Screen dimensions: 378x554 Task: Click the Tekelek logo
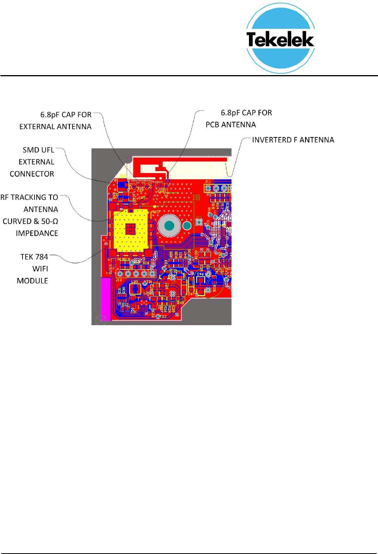[x=280, y=38]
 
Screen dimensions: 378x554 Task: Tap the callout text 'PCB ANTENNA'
[x=231, y=125]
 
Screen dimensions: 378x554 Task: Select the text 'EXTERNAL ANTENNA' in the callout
[x=55, y=127]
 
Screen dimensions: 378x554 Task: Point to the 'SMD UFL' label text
[x=38, y=150]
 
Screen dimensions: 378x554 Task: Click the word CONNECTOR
[x=32, y=174]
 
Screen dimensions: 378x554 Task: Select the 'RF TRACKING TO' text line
[x=29, y=197]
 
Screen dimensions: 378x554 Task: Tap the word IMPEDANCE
[x=37, y=233]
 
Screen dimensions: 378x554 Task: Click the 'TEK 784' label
[x=34, y=257]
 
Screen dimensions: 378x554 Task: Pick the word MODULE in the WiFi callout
[x=33, y=281]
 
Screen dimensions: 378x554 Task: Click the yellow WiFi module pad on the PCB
[x=131, y=229]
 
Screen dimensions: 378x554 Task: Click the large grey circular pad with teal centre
[x=169, y=225]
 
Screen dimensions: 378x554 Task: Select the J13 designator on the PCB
[x=119, y=280]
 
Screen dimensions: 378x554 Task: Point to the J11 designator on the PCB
[x=208, y=182]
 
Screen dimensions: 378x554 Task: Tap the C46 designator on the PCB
[x=200, y=274]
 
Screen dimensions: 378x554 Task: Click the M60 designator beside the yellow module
[x=155, y=212]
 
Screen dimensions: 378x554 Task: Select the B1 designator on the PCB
[x=196, y=197]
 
